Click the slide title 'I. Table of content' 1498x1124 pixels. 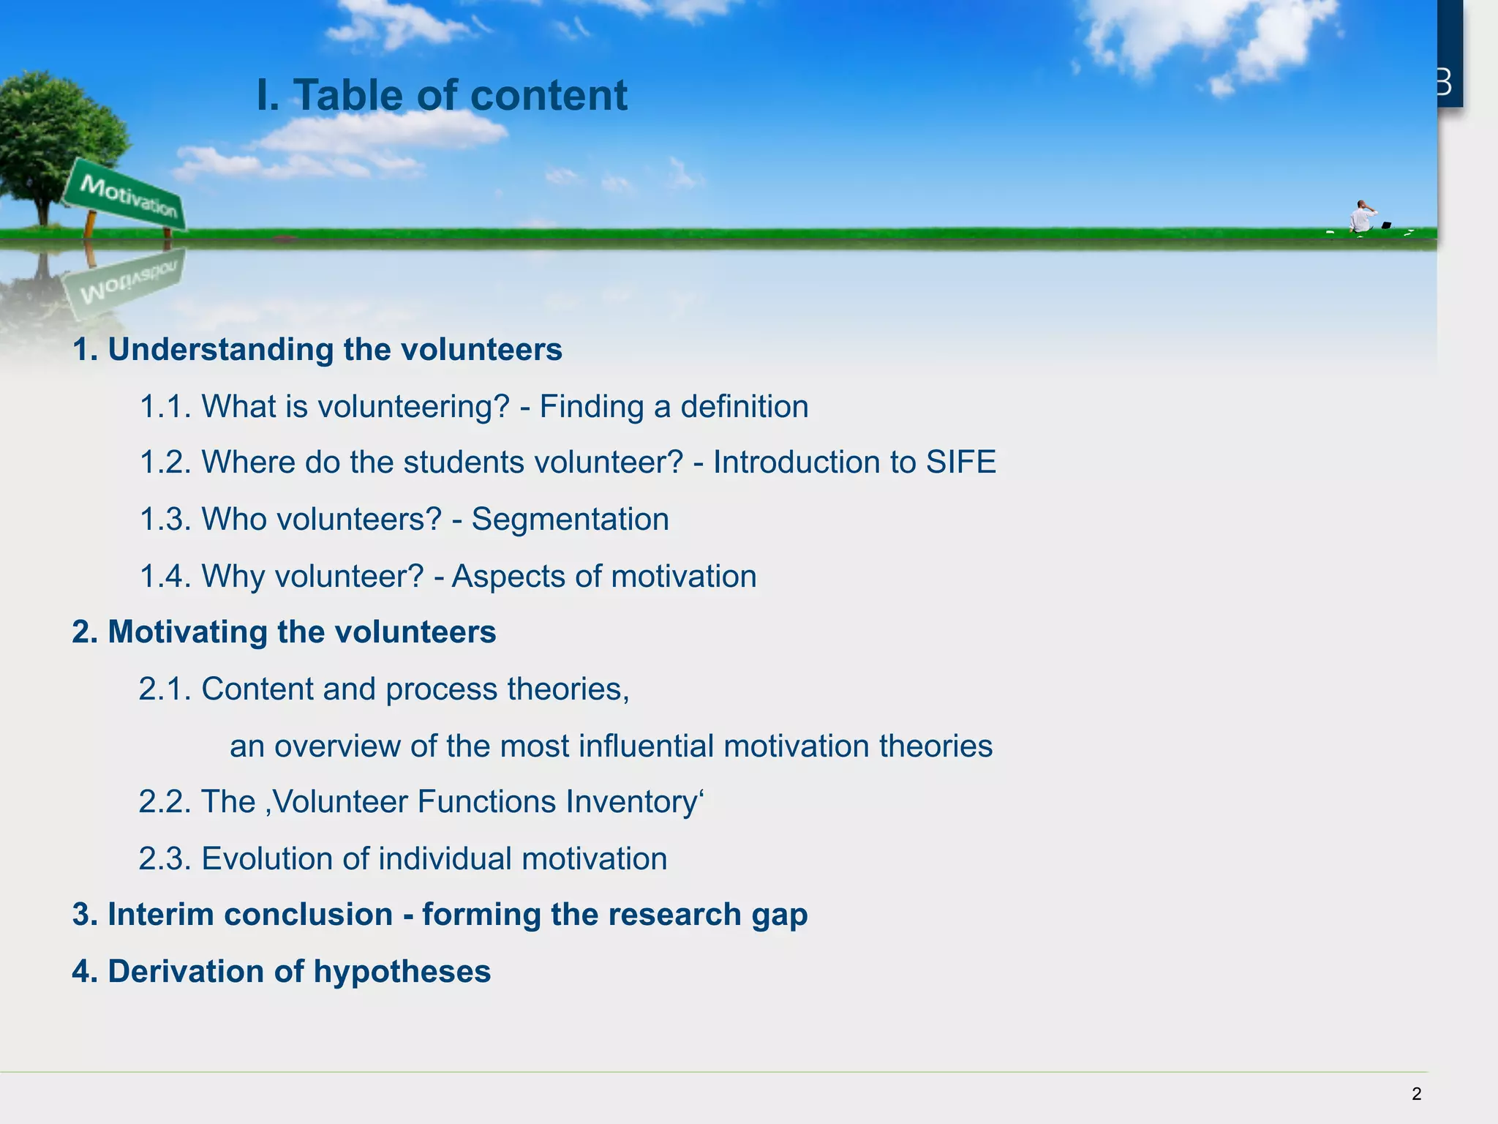[442, 96]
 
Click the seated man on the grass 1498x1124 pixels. [1361, 217]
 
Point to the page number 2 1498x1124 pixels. [1416, 1094]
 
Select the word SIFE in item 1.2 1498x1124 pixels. [960, 462]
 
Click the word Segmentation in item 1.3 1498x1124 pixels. [570, 520]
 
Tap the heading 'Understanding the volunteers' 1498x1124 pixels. [335, 350]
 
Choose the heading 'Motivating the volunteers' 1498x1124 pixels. [301, 632]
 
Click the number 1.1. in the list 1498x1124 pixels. [165, 407]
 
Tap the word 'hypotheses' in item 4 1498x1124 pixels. [402, 972]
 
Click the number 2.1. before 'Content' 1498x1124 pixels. [165, 689]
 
